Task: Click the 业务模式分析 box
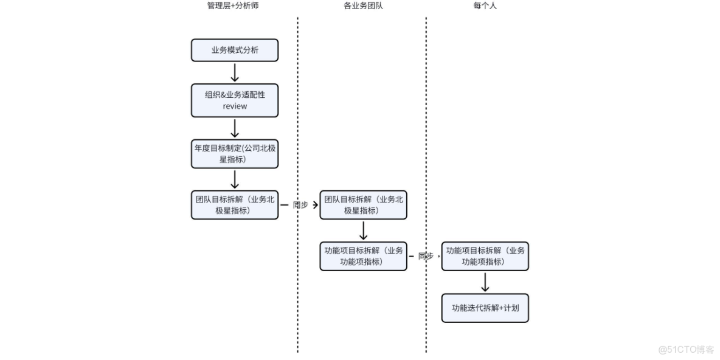[235, 50]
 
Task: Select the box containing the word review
[235, 100]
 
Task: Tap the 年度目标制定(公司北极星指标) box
[235, 154]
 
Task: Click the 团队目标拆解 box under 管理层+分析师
[235, 205]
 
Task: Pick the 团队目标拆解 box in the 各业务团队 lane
[363, 205]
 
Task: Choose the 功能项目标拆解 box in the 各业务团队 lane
[363, 256]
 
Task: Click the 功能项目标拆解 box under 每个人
[485, 256]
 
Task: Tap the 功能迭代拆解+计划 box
[485, 308]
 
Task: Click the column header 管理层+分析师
[228, 6]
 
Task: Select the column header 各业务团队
[363, 6]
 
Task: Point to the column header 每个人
[485, 6]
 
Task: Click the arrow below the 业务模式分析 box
[235, 72]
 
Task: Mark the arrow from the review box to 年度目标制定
[235, 128]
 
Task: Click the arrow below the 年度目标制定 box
[235, 179]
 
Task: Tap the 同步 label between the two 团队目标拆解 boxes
[300, 205]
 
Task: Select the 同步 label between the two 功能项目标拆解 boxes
[425, 257]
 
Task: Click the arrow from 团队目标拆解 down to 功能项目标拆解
[363, 230]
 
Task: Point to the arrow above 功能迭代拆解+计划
[485, 282]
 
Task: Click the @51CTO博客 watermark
[686, 350]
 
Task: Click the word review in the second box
[235, 106]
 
